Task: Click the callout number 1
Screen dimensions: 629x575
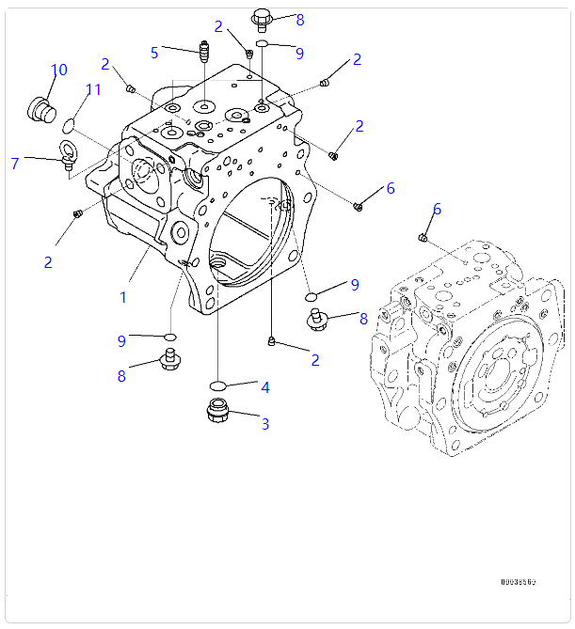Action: [122, 297]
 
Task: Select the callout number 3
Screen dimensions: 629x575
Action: [265, 424]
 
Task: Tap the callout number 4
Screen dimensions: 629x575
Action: [265, 387]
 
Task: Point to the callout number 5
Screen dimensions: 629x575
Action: [154, 53]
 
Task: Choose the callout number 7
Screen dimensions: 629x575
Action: [15, 164]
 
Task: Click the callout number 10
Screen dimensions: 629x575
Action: [59, 70]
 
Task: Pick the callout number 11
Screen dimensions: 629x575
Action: [93, 90]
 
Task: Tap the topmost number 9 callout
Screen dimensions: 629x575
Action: [299, 54]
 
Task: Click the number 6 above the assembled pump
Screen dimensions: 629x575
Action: [437, 209]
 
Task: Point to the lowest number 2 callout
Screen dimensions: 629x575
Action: [314, 360]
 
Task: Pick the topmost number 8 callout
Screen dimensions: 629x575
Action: [299, 20]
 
